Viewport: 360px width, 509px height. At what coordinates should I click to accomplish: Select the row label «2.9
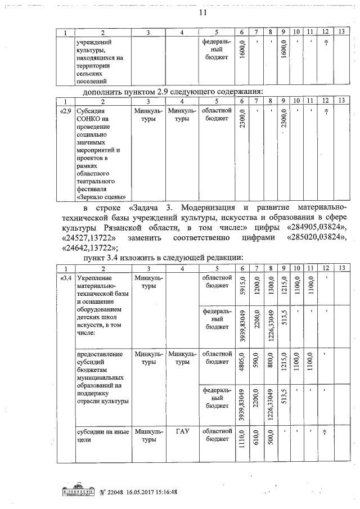65,111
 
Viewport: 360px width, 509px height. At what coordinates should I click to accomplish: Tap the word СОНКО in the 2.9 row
89,119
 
